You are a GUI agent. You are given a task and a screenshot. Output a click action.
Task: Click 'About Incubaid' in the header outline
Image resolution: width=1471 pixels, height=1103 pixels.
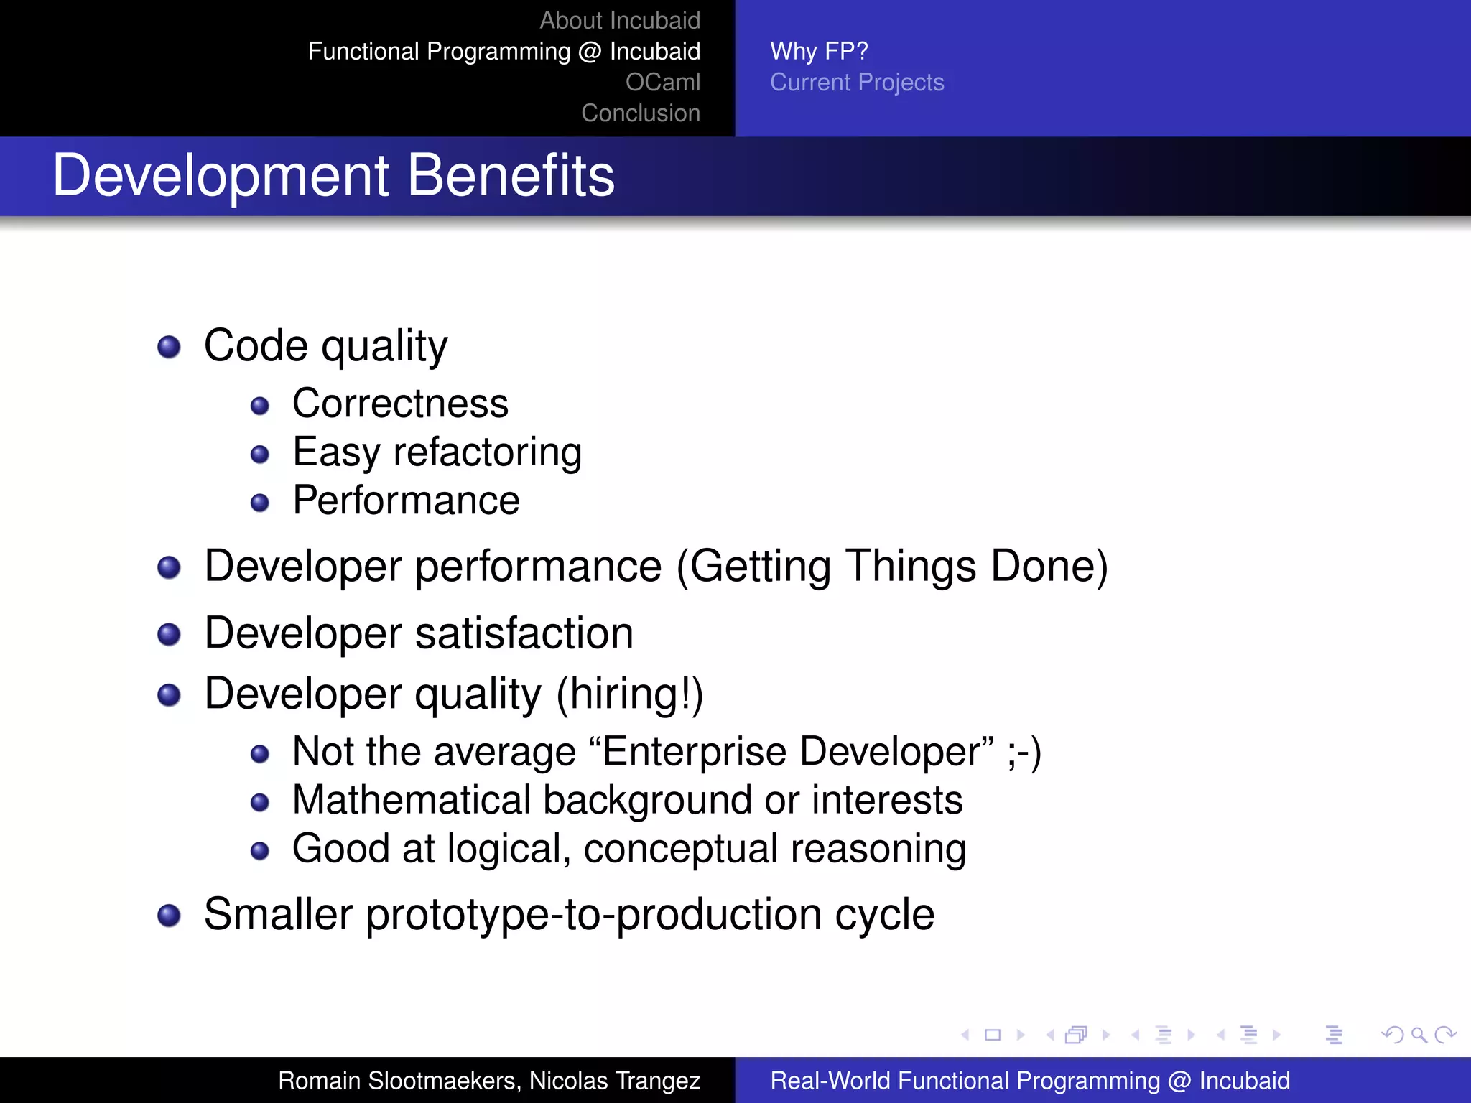click(x=619, y=20)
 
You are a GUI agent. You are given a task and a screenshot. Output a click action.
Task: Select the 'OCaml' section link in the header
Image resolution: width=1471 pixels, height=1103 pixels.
click(x=662, y=82)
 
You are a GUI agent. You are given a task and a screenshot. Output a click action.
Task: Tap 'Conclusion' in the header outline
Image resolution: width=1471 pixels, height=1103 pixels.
click(x=640, y=113)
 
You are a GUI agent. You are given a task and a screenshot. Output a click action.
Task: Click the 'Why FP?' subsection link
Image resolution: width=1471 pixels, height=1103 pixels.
click(x=819, y=51)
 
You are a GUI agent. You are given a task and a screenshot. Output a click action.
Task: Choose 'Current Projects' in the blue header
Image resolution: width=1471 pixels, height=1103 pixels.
click(x=857, y=82)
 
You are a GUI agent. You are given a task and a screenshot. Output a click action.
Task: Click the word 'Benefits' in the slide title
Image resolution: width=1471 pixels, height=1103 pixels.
click(x=511, y=175)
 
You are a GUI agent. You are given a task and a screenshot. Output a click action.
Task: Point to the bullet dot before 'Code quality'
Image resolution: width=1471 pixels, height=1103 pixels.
click(x=169, y=347)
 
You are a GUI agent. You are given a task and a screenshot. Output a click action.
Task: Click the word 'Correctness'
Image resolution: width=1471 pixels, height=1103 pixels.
click(x=400, y=403)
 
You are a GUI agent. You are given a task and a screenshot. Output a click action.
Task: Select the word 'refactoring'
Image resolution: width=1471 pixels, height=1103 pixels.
click(x=487, y=452)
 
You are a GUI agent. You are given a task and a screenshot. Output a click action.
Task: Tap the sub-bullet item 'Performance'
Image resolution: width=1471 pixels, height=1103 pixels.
click(x=406, y=500)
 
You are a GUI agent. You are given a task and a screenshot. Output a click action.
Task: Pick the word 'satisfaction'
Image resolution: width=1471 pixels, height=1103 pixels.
click(x=524, y=633)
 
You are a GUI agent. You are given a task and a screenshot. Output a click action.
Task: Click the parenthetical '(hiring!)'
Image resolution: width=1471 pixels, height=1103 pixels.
click(x=630, y=694)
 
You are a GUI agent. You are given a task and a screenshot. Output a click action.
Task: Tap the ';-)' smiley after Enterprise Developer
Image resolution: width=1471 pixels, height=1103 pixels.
click(x=1024, y=753)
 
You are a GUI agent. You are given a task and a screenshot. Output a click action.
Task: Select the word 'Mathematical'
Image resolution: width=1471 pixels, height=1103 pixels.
click(x=412, y=800)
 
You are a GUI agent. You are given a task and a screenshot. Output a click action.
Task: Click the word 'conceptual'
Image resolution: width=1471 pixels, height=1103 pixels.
click(x=680, y=850)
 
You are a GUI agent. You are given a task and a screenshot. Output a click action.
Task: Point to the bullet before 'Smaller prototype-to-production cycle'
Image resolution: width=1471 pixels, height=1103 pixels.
click(x=169, y=916)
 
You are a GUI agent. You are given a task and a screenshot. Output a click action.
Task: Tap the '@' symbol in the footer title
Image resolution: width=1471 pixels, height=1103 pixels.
click(x=1179, y=1080)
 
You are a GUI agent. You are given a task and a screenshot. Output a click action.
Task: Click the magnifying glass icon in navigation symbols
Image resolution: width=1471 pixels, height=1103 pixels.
click(x=1419, y=1035)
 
